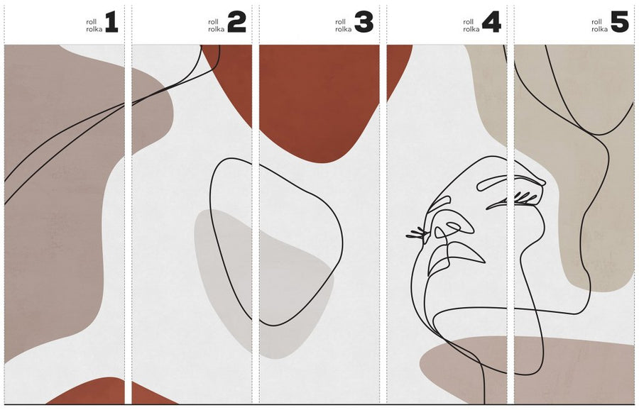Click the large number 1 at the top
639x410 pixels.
111,22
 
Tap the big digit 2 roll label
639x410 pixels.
236,22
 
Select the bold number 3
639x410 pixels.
364,22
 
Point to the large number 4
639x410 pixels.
491,22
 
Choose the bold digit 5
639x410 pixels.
619,22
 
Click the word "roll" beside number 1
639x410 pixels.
91,22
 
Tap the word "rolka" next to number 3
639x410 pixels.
344,29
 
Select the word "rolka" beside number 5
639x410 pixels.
599,29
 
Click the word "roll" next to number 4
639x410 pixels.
469,22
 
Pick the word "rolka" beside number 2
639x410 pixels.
217,29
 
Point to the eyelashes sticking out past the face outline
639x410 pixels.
417,233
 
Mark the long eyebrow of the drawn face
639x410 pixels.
511,183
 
